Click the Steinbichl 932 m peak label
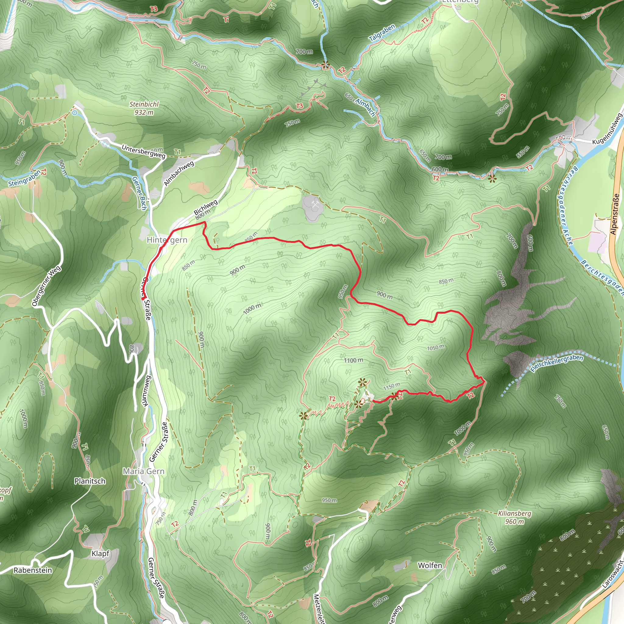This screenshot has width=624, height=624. (x=144, y=108)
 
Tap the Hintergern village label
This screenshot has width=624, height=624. (x=167, y=240)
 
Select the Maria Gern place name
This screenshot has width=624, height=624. (x=144, y=471)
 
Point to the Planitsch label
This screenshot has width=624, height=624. (x=90, y=481)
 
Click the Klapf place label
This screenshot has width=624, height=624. (x=101, y=553)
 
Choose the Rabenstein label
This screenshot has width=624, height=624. (x=33, y=570)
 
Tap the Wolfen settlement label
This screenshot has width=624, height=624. (x=430, y=565)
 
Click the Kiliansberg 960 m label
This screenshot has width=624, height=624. (x=515, y=517)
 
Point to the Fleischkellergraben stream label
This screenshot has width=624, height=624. (x=557, y=363)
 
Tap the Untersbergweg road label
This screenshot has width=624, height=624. (x=144, y=151)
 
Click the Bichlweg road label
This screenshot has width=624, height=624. (x=206, y=207)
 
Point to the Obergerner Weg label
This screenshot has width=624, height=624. (x=46, y=286)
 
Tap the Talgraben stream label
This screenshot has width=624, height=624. (x=382, y=33)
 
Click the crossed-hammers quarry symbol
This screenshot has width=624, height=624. (x=315, y=204)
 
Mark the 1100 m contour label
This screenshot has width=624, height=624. (x=353, y=360)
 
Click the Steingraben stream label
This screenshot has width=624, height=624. (x=25, y=178)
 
